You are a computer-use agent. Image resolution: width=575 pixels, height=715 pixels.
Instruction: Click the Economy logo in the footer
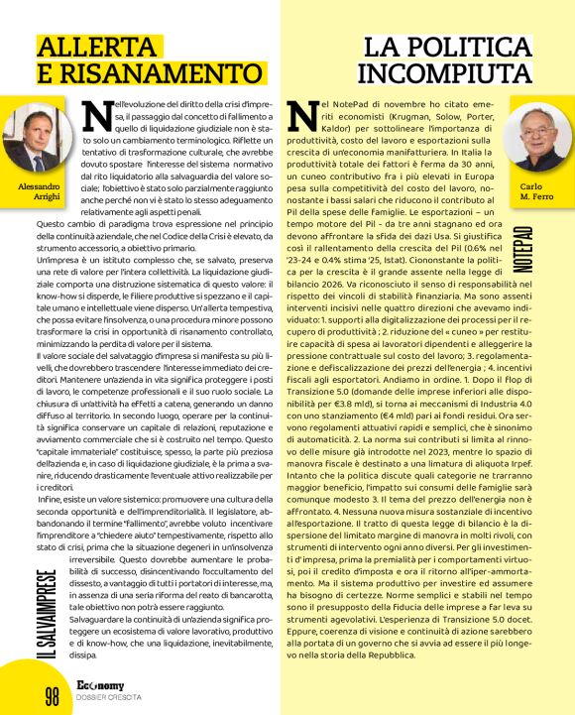point(104,686)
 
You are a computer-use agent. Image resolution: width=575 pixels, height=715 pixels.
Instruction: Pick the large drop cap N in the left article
point(97,115)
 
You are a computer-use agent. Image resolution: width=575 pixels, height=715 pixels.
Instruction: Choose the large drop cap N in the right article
point(306,117)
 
